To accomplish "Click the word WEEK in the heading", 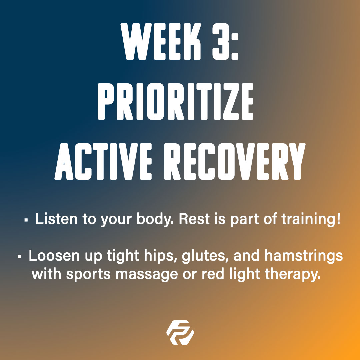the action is (x=161, y=42).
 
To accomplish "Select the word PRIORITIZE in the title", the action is (x=176, y=101).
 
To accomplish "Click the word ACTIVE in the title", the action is (x=103, y=161).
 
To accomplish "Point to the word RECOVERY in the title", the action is (x=235, y=161).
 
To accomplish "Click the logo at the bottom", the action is (x=180, y=332).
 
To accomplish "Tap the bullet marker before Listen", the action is (x=26, y=220).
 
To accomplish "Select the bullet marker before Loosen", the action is (x=19, y=257).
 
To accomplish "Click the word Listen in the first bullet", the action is (x=56, y=219).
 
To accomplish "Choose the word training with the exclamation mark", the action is (x=311, y=219).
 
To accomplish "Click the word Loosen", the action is (x=54, y=255).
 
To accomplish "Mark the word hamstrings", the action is (x=304, y=256).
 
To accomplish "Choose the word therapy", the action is (x=293, y=275).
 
